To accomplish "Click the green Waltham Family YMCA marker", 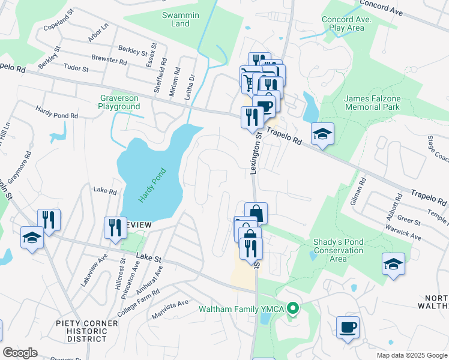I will click(292, 310).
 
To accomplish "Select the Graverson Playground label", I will click(119, 102).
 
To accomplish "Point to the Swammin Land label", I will click(176, 19).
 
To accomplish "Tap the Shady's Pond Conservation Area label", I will click(339, 250).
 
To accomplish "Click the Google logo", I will click(20, 353).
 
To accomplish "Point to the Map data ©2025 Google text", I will click(411, 355).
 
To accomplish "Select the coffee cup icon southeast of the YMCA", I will click(348, 328).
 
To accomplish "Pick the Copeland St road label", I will click(58, 28).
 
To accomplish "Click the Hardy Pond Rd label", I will click(58, 112).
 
